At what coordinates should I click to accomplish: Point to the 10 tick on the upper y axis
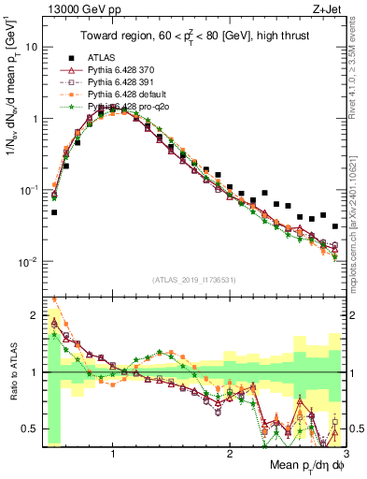(32, 47)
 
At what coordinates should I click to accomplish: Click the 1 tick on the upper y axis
(35, 119)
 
